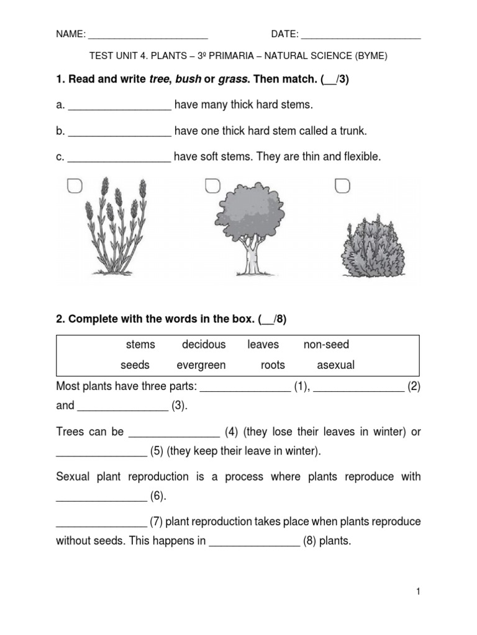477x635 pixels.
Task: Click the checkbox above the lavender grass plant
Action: (75, 186)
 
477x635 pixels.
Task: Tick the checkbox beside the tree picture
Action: (212, 186)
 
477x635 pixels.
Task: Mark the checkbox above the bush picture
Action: (342, 186)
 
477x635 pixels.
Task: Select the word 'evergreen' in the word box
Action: (201, 365)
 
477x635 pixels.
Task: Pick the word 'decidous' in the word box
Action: (204, 345)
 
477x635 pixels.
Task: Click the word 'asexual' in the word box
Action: (335, 365)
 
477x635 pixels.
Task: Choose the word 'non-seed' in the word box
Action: (326, 345)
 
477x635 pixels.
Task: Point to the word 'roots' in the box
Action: (273, 365)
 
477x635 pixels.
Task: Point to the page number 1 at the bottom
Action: (419, 592)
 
